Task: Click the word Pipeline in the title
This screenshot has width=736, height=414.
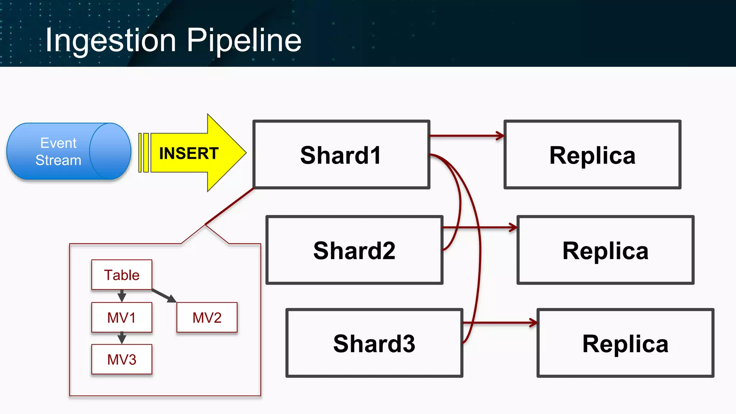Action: [244, 40]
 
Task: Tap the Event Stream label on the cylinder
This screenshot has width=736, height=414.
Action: [59, 152]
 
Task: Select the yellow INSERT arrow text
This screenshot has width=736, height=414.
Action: [189, 153]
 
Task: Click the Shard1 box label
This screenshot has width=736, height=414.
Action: [341, 155]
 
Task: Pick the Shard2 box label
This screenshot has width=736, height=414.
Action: [354, 250]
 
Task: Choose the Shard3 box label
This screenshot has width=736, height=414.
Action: [374, 344]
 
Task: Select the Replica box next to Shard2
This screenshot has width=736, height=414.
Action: [605, 250]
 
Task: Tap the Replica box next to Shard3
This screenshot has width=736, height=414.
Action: [625, 344]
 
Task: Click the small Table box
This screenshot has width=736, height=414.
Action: [121, 275]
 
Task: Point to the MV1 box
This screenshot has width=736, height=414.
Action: [121, 318]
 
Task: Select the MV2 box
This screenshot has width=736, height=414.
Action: [207, 318]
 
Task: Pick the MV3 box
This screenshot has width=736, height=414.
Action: [121, 359]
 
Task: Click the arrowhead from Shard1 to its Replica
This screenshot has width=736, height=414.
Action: [500, 136]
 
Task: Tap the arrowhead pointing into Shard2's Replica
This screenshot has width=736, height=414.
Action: [513, 227]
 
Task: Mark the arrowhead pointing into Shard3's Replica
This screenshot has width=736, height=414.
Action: [533, 323]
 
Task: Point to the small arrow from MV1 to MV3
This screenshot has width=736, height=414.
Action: [122, 338]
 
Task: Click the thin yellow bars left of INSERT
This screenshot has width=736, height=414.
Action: [143, 153]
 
